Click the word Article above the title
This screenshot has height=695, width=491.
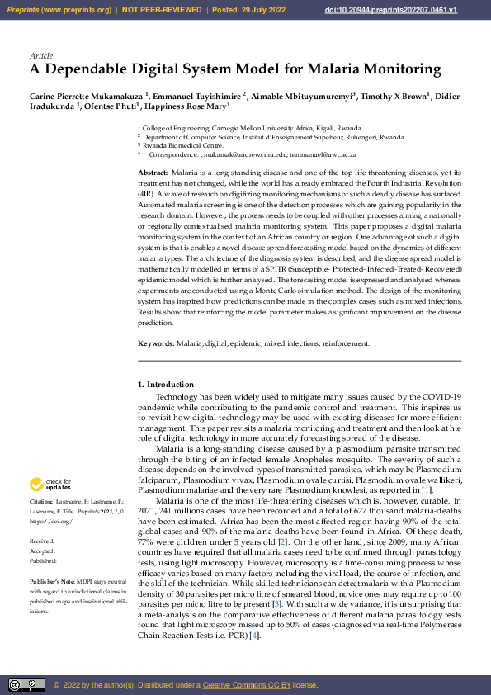[x=40, y=55]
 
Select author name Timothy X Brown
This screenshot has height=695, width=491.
[x=394, y=95]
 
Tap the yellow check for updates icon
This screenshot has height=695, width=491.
[x=37, y=485]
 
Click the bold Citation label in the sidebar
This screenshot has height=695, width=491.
[x=41, y=503]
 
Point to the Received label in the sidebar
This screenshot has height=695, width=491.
[x=43, y=542]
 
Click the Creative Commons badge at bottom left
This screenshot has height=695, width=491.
[x=26, y=685]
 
